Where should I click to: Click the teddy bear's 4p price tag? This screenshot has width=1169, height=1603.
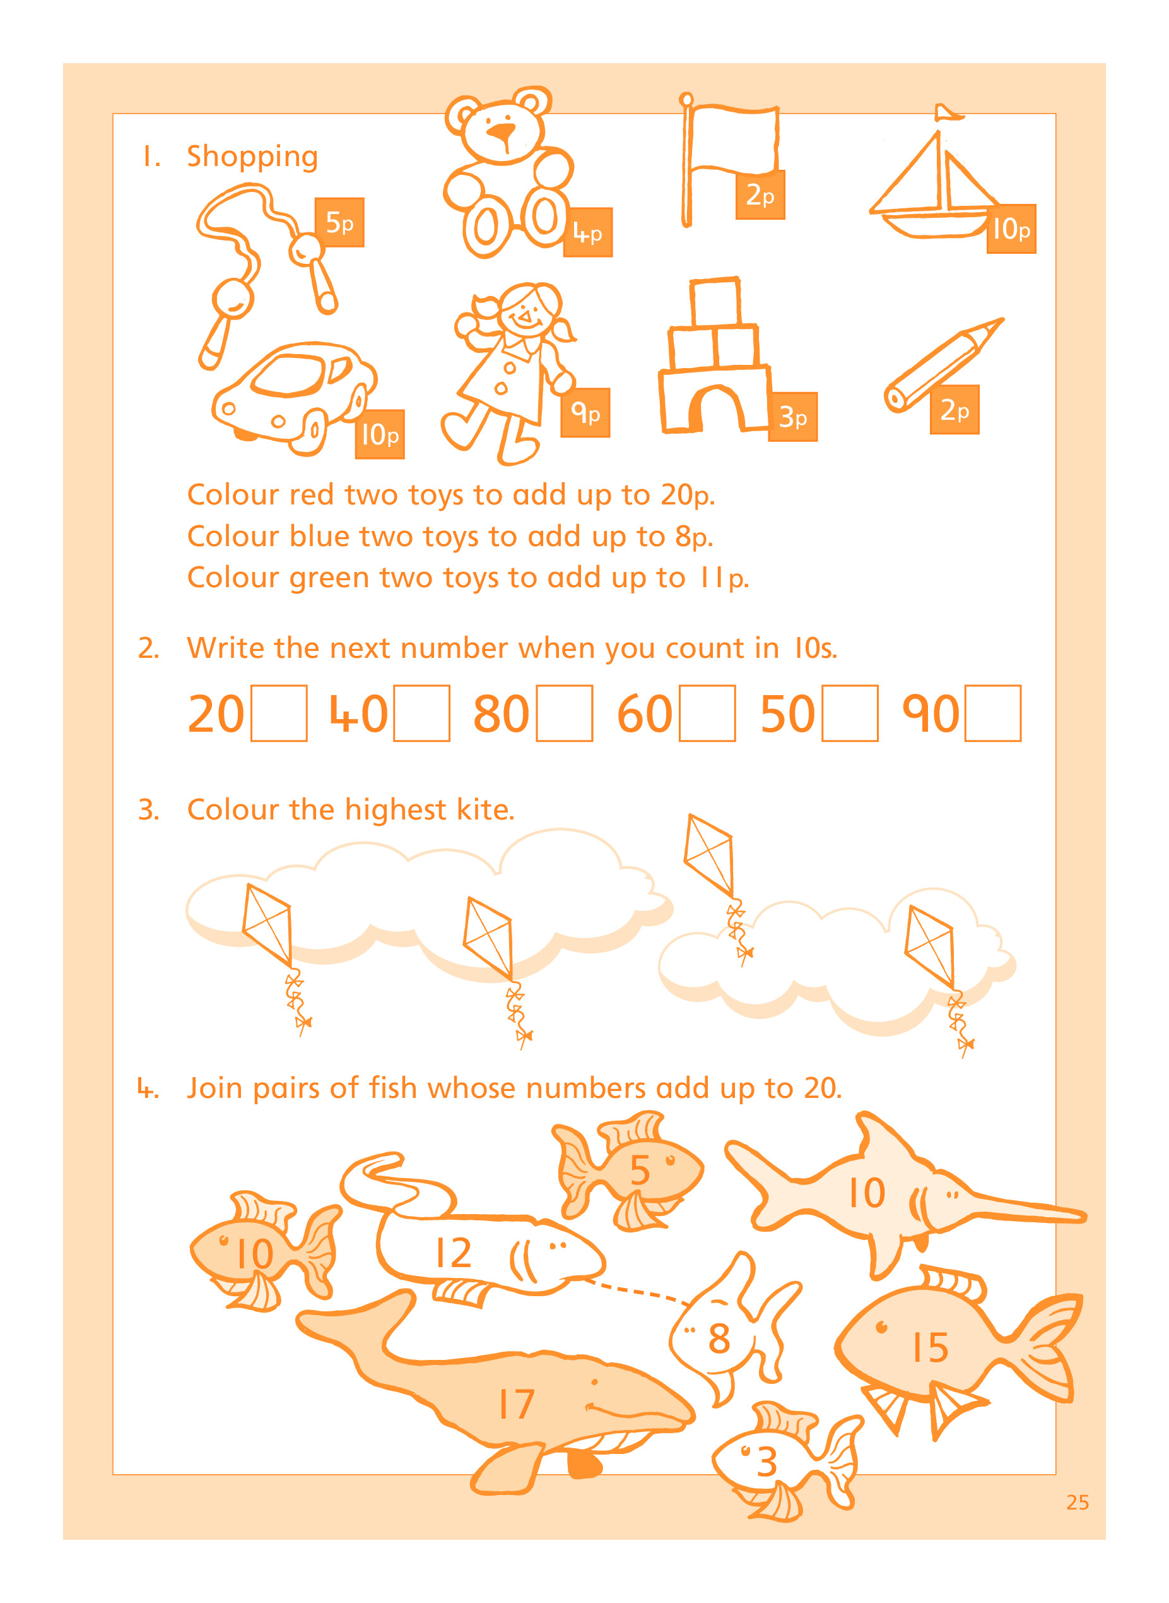pos(588,232)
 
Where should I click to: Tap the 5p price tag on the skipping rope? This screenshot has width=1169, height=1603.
pos(339,222)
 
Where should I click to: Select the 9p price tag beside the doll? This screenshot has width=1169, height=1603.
pos(585,413)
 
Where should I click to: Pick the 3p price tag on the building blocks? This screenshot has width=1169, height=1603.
pos(792,417)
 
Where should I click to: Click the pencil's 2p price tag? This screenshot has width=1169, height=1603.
pos(955,410)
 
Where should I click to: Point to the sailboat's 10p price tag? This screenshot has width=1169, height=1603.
pos(1011,229)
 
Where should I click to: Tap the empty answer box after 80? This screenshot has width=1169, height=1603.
pos(565,713)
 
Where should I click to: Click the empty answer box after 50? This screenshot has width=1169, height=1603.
pos(850,713)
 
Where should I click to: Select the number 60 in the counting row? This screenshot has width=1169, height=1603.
pos(645,713)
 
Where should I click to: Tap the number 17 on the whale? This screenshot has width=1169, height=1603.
pos(517,1404)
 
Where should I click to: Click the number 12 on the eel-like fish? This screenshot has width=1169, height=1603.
pos(453,1253)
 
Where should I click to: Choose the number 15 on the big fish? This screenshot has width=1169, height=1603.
pos(930,1347)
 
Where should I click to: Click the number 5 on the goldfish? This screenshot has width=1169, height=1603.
pos(640,1170)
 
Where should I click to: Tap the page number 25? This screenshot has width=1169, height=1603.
pos(1078,1503)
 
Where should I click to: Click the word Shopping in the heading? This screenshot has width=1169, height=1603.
pos(252,157)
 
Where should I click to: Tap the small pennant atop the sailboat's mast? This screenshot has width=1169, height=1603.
pos(947,112)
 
